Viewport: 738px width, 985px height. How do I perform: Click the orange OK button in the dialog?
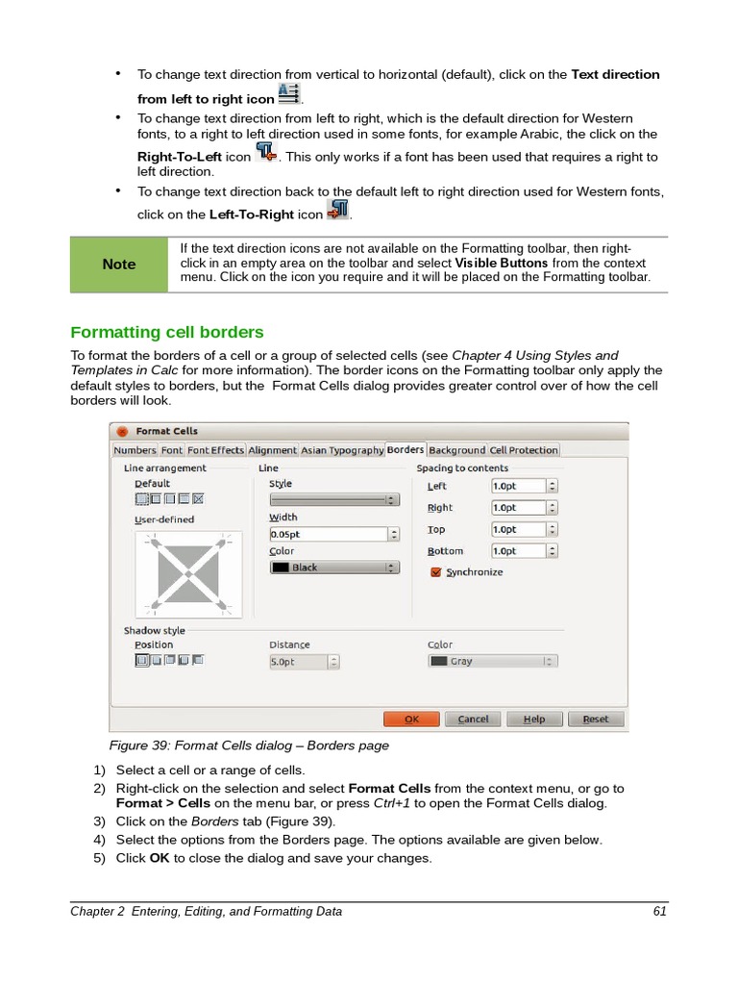411,719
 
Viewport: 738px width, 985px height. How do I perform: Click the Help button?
535,719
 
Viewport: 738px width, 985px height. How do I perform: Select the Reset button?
596,719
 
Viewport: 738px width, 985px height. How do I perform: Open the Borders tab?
406,449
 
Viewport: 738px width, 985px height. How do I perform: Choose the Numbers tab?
135,449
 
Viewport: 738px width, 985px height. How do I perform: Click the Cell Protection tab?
524,449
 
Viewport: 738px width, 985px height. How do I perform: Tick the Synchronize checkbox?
436,571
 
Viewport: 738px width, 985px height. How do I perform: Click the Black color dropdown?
334,568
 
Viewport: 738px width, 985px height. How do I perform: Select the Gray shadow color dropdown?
492,661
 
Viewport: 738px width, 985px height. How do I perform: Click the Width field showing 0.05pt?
334,534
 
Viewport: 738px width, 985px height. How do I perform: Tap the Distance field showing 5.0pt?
304,662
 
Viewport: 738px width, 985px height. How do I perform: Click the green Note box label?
119,265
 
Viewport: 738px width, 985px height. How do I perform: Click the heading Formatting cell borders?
167,332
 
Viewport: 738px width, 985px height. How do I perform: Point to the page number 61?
659,911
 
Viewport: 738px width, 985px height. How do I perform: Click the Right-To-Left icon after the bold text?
266,154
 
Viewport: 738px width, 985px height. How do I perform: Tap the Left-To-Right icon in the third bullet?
337,211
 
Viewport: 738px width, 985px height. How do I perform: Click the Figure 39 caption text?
249,745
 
